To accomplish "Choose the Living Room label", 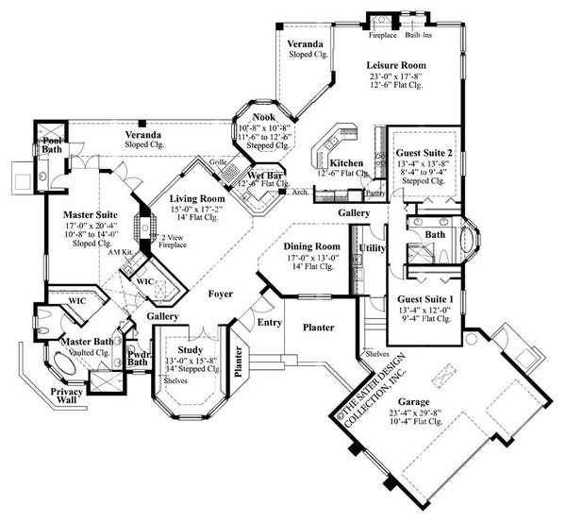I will tap(196, 199).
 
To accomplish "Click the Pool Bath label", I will tap(50, 143).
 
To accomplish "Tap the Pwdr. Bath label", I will tap(138, 356).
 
